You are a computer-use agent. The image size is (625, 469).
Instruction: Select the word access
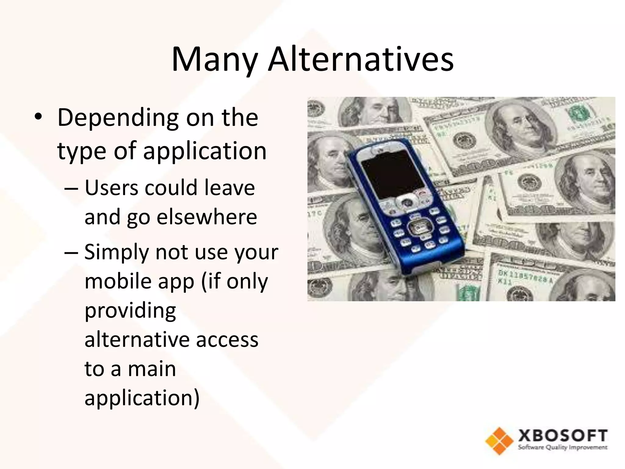click(227, 340)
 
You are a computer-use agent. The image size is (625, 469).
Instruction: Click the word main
click(152, 369)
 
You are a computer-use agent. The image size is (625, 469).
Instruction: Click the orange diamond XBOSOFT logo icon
click(499, 441)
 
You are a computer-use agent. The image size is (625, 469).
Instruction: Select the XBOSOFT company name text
click(562, 436)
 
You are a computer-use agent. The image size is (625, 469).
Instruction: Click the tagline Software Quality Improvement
click(562, 448)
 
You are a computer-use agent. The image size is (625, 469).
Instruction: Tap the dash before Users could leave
click(71, 188)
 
